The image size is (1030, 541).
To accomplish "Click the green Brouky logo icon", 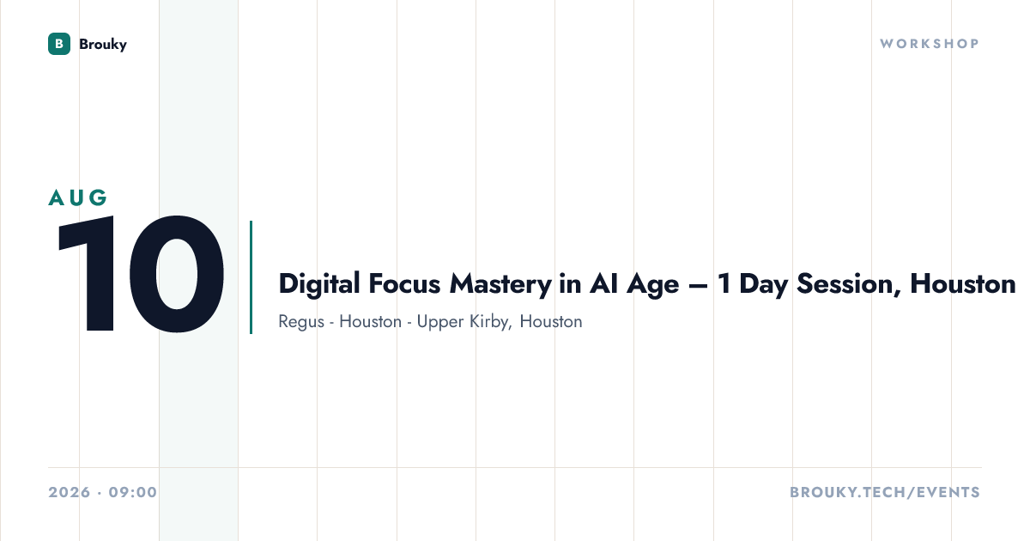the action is pos(59,44).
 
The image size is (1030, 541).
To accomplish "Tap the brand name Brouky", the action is pos(103,44).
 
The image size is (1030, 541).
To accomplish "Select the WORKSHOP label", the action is pos(930,44).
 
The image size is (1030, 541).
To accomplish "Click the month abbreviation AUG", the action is pos(78,198).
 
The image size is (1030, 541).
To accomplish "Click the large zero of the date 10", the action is pos(177,274).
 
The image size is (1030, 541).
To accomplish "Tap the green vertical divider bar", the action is pos(251,277).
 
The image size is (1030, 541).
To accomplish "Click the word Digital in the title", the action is pos(319,284).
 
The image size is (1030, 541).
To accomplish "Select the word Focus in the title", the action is pos(404,284).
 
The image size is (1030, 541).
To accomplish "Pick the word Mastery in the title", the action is pos(500,285).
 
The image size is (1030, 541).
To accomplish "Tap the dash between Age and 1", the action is pos(698,286).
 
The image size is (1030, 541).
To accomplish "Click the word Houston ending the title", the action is pos(962,284).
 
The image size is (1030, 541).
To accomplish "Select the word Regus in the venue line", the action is pos(301,322).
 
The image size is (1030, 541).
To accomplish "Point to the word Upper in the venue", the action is pos(440,322).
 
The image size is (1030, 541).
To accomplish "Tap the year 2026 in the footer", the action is pos(70,492).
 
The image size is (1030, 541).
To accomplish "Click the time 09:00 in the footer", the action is pos(133,492).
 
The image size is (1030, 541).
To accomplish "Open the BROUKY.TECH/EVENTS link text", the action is pos(885,492).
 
